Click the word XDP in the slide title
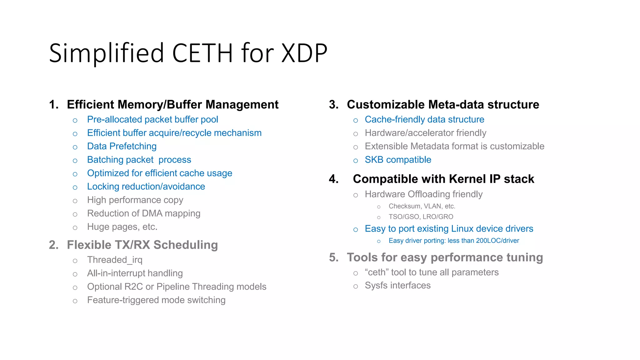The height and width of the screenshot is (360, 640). click(304, 53)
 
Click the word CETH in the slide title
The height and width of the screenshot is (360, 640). click(202, 53)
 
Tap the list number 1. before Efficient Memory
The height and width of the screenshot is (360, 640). click(54, 105)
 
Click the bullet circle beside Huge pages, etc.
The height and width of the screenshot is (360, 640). click(75, 228)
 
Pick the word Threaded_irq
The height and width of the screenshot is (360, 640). click(115, 260)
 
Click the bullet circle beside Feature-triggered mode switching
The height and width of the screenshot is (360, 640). click(75, 301)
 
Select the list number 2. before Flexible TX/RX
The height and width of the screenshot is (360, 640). click(54, 245)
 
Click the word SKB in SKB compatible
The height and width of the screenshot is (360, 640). click(374, 160)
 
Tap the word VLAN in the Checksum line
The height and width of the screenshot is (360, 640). click(432, 206)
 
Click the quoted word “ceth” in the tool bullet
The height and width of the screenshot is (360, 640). click(377, 272)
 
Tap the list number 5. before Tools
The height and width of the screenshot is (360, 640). click(334, 257)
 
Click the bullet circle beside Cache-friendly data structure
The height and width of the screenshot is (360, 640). click(356, 121)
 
